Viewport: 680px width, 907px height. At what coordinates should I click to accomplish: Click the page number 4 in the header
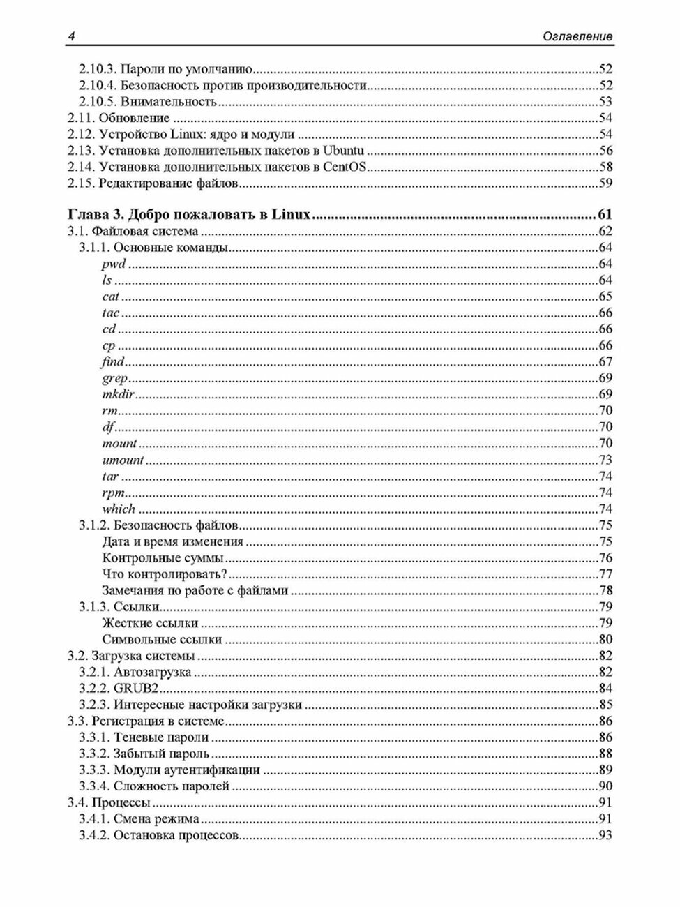(x=70, y=36)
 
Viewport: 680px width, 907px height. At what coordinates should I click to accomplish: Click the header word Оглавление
(x=577, y=36)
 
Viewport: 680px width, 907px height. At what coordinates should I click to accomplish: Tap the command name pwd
(x=114, y=264)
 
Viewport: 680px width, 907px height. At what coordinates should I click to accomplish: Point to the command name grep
(x=115, y=378)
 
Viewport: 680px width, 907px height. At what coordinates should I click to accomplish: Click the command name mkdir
(x=118, y=394)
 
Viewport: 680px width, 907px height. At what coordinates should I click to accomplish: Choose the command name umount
(x=123, y=460)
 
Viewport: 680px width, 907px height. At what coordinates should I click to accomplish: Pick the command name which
(x=119, y=509)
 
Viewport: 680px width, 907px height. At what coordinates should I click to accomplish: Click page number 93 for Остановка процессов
(x=605, y=835)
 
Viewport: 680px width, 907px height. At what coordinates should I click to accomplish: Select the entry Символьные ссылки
(x=162, y=639)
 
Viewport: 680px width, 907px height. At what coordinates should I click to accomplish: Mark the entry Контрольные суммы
(x=163, y=558)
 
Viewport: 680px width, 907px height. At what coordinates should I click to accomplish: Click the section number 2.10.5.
(x=98, y=102)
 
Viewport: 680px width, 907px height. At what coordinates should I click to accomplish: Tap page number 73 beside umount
(x=605, y=460)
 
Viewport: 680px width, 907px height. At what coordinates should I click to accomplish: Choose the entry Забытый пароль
(x=161, y=754)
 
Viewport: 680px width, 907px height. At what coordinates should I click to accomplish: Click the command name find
(x=113, y=361)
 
